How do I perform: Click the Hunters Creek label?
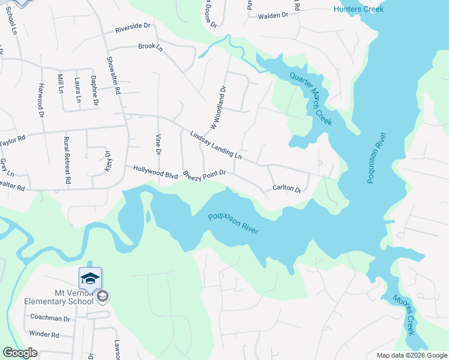pyautogui.click(x=358, y=9)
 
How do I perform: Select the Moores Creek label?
pyautogui.click(x=403, y=315)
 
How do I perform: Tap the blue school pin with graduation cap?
pyautogui.click(x=90, y=278)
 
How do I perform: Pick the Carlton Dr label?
pyautogui.click(x=286, y=188)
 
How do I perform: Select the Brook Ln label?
pyautogui.click(x=150, y=46)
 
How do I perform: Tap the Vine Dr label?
pyautogui.click(x=158, y=143)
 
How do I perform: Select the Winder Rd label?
pyautogui.click(x=44, y=335)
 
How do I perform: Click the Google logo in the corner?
pyautogui.click(x=20, y=353)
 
